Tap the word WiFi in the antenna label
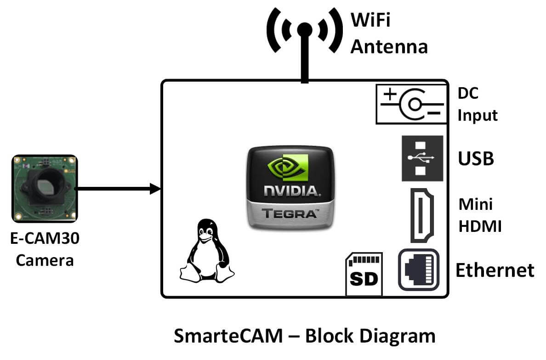370,20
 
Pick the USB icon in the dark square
422,158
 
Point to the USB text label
476,159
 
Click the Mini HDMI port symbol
422,215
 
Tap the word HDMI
480,226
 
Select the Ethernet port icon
418,270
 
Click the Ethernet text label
495,270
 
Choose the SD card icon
364,274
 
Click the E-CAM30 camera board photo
44,188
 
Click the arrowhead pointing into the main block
155,188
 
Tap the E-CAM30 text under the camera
45,239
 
